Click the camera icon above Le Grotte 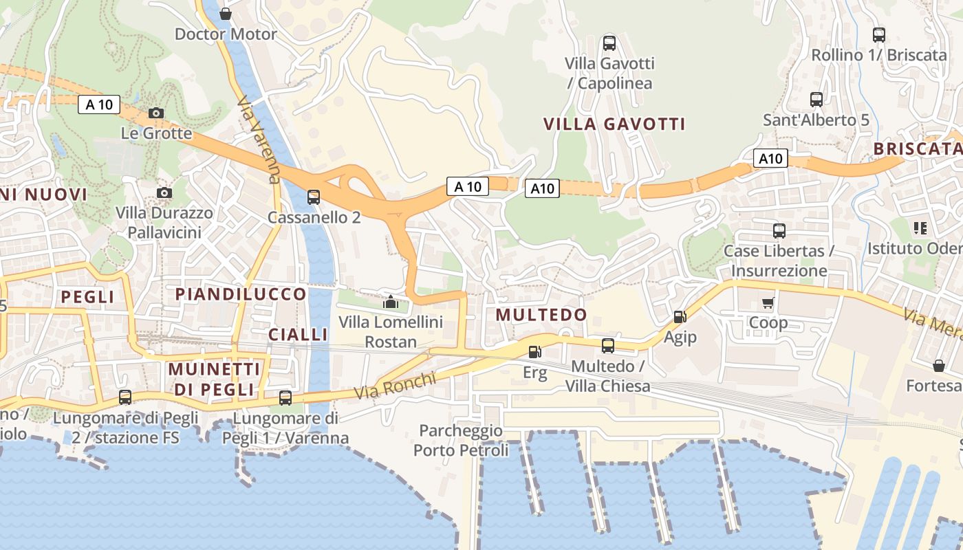pyautogui.click(x=156, y=113)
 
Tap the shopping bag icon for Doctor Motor pyautogui.click(x=225, y=14)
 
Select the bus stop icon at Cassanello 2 pyautogui.click(x=314, y=197)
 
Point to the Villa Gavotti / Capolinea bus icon pyautogui.click(x=609, y=43)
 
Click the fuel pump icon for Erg pyautogui.click(x=534, y=352)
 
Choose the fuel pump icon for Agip pyautogui.click(x=680, y=316)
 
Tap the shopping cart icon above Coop pyautogui.click(x=768, y=302)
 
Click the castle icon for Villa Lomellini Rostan pyautogui.click(x=391, y=302)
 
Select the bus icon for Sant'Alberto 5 pyautogui.click(x=816, y=100)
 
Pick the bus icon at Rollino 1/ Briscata pyautogui.click(x=878, y=35)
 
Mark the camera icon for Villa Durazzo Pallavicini pyautogui.click(x=164, y=192)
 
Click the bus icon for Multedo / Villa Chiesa pyautogui.click(x=607, y=346)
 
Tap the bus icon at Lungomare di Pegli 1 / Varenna pyautogui.click(x=285, y=397)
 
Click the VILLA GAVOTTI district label pyautogui.click(x=614, y=124)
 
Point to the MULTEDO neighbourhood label pyautogui.click(x=541, y=315)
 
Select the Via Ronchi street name pyautogui.click(x=396, y=386)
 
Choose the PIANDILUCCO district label pyautogui.click(x=241, y=294)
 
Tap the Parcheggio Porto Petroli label pyautogui.click(x=461, y=441)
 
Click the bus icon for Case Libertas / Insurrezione pyautogui.click(x=779, y=231)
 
